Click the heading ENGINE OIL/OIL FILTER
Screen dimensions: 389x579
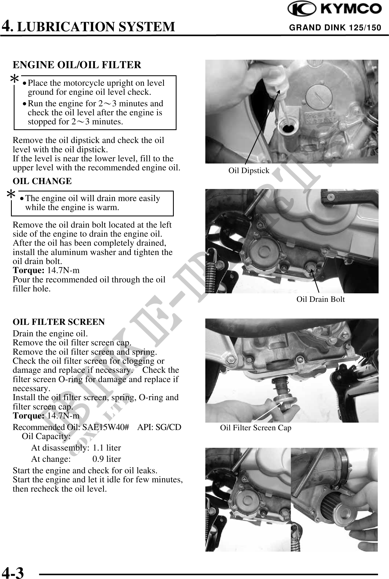(x=77, y=65)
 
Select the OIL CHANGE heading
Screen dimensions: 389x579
(x=42, y=181)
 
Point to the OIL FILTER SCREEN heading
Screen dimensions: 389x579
(x=59, y=322)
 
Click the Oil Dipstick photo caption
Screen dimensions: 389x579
(x=249, y=171)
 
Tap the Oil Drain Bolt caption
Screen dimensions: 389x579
(x=320, y=299)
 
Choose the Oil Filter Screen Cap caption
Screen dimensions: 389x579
(x=255, y=428)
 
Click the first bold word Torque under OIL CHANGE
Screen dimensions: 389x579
(x=29, y=271)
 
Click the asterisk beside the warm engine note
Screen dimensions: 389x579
(x=11, y=195)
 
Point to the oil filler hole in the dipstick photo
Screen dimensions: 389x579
(x=286, y=128)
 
